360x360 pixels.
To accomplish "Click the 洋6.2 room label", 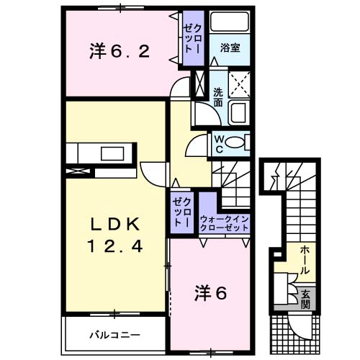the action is click(120, 51).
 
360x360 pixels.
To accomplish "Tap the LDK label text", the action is click(115, 225).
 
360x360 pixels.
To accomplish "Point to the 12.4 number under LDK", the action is click(115, 246).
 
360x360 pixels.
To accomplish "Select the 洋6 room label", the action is click(210, 293).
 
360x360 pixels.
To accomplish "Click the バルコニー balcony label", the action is click(114, 335).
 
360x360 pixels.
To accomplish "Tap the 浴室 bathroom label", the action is click(230, 48).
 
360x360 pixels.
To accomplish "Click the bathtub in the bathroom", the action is click(230, 22).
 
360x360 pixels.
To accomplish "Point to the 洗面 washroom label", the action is click(218, 97).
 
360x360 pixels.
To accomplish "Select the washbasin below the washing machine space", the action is click(239, 112).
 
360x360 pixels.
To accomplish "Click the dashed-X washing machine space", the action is click(239, 84).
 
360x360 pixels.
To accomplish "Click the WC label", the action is click(219, 144).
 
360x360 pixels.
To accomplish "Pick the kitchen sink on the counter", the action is click(112, 153).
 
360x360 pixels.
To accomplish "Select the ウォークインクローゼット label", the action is click(224, 223).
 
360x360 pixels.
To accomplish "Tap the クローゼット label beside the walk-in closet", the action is click(181, 212).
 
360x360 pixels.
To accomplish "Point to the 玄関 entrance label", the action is click(305, 299).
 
